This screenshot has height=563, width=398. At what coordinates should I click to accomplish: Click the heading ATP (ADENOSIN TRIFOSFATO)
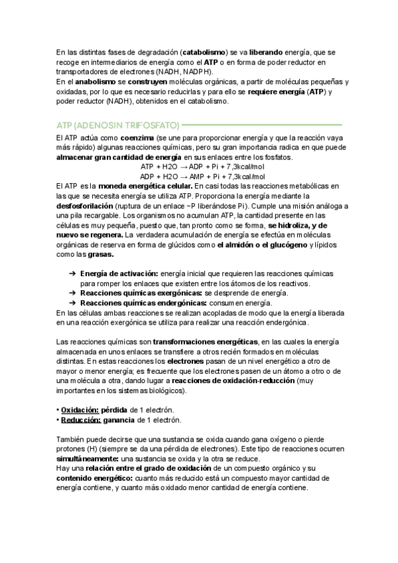117,124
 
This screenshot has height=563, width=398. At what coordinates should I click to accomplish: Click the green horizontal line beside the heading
261,124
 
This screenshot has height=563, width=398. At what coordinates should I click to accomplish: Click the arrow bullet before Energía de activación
72,274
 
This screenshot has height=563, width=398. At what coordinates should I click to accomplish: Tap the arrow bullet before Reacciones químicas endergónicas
72,303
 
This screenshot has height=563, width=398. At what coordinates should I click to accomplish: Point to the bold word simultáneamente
87,459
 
